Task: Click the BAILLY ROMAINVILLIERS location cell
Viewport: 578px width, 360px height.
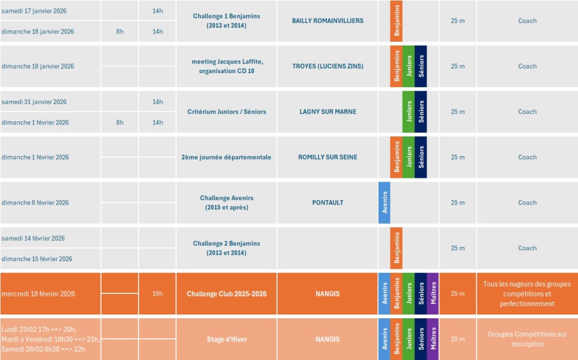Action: click(x=328, y=21)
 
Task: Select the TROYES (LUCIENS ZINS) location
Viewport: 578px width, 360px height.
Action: click(x=328, y=66)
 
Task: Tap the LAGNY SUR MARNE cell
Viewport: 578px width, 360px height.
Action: click(x=328, y=112)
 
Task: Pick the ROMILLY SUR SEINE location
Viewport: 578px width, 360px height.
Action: click(x=328, y=157)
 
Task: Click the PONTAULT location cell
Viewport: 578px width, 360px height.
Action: click(x=328, y=203)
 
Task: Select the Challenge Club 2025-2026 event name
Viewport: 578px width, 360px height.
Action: click(x=226, y=294)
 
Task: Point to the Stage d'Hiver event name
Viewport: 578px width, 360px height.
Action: click(x=226, y=339)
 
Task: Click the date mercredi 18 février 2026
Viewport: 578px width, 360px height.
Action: click(x=39, y=294)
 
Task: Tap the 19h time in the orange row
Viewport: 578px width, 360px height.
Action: click(x=157, y=294)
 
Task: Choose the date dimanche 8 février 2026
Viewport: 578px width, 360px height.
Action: click(x=35, y=203)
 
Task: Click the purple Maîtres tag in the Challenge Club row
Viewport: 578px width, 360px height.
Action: click(x=433, y=294)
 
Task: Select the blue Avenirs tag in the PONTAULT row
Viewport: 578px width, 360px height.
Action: click(x=384, y=203)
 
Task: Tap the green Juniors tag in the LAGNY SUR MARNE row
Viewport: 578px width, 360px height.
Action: click(x=408, y=112)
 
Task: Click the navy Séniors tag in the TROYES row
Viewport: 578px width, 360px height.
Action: click(x=421, y=66)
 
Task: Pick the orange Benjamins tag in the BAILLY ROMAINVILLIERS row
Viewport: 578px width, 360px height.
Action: click(x=396, y=21)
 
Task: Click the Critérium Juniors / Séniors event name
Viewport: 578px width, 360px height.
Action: click(x=226, y=112)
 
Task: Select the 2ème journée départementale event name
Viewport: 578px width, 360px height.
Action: click(x=226, y=157)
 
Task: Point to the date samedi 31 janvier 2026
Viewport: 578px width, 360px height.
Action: click(x=34, y=102)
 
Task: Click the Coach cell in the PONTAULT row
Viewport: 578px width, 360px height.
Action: click(x=527, y=203)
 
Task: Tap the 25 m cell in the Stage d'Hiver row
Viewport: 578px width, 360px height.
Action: click(x=457, y=339)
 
